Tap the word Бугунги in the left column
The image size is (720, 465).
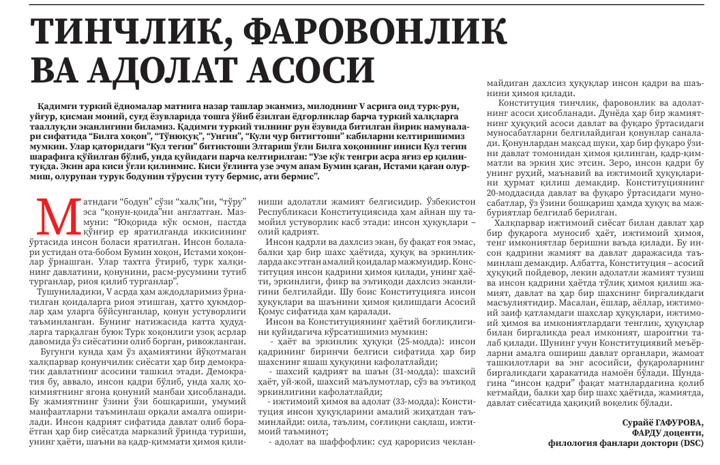pyautogui.click(x=57, y=352)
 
